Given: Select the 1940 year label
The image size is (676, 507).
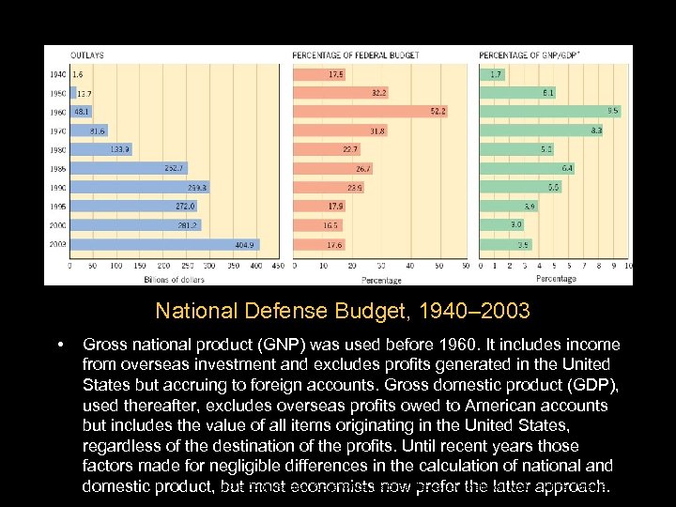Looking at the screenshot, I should [x=57, y=73].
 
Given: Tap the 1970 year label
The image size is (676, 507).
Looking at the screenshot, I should [x=57, y=131].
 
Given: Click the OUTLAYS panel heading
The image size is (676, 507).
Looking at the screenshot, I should [x=87, y=55].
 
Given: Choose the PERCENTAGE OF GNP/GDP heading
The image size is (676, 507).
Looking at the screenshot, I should [x=529, y=55].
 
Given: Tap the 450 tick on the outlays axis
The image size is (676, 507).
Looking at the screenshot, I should [x=278, y=266].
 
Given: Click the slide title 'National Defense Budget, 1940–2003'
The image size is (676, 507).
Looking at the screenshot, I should [x=343, y=311].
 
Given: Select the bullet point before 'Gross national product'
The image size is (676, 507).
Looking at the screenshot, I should [x=60, y=346].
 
